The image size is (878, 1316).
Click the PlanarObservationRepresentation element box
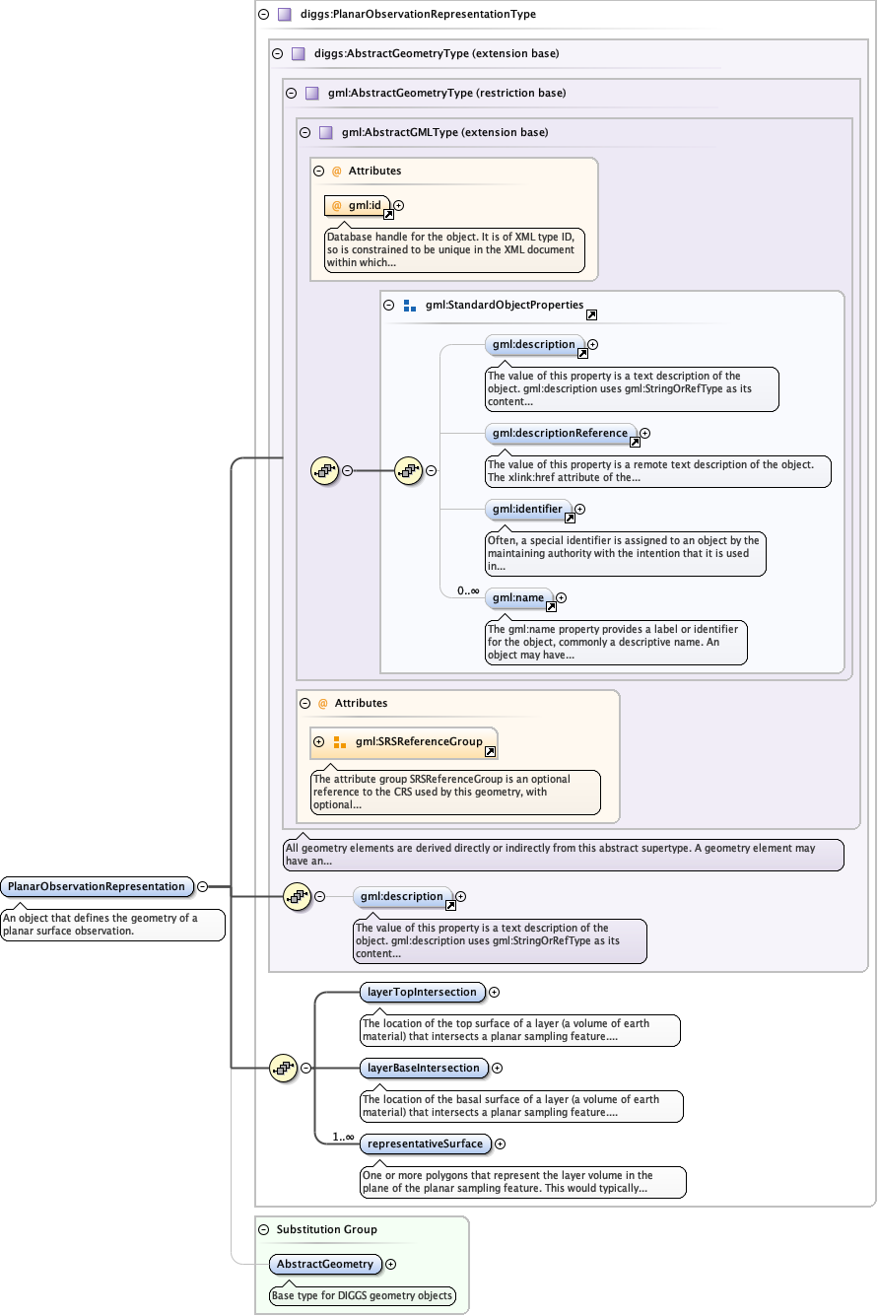click(96, 886)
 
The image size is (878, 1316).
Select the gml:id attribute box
click(358, 205)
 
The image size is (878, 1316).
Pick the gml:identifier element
click(528, 510)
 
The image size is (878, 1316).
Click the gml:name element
click(518, 597)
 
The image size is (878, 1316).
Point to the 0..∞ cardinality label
click(468, 590)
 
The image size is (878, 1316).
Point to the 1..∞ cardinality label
click(343, 1137)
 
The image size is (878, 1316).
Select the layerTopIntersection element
click(423, 992)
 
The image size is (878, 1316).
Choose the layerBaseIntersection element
click(424, 1068)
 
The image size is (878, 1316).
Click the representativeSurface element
click(426, 1143)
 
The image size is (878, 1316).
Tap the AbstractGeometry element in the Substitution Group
click(325, 1264)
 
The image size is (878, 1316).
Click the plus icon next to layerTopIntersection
click(495, 993)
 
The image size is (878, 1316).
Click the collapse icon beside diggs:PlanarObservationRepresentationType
click(262, 15)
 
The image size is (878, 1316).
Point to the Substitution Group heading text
click(326, 1229)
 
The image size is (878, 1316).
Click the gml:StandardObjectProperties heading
click(505, 306)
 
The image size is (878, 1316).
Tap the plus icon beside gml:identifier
click(579, 510)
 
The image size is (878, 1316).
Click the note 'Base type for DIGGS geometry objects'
click(363, 1295)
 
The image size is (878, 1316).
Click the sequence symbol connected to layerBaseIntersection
click(284, 1068)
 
